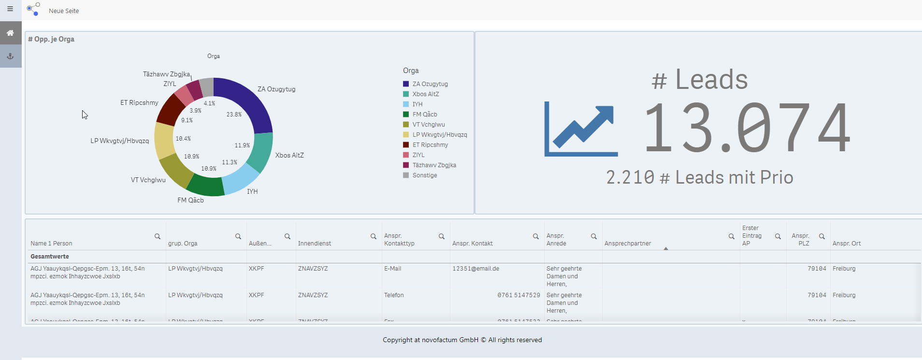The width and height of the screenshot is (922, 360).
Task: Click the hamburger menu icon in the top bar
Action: click(x=10, y=9)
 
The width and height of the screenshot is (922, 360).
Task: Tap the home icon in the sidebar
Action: click(x=10, y=33)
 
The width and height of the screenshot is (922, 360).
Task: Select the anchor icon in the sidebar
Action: click(x=10, y=56)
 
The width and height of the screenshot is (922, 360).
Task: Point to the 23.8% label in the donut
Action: click(x=234, y=115)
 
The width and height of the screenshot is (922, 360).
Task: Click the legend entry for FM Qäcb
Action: click(x=424, y=115)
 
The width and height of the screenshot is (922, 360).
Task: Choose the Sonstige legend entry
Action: click(x=424, y=175)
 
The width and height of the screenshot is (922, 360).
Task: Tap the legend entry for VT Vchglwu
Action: click(x=428, y=125)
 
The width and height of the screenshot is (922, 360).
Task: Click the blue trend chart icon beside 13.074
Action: click(x=581, y=129)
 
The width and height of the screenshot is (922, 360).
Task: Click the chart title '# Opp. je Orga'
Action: click(x=51, y=39)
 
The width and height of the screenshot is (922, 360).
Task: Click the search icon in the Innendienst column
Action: click(x=374, y=236)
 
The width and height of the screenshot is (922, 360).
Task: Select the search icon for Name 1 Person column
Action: click(x=158, y=236)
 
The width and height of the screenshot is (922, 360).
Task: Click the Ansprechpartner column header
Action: click(x=627, y=244)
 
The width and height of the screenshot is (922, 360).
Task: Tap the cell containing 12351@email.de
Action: click(x=475, y=269)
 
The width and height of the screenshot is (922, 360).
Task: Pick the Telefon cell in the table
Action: click(x=394, y=295)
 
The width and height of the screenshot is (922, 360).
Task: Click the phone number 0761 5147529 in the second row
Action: click(x=519, y=295)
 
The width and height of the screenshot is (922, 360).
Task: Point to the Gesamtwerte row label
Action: click(x=50, y=257)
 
